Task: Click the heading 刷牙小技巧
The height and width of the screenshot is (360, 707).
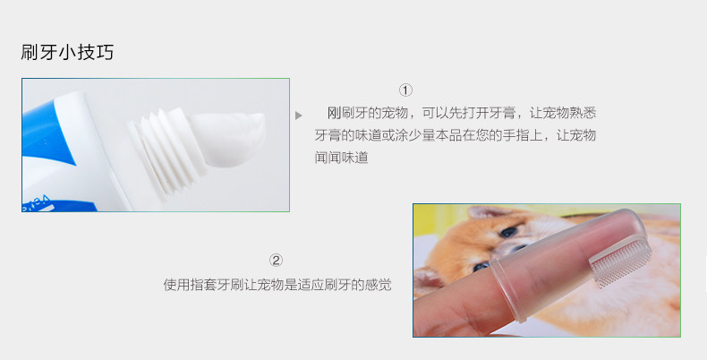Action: (x=67, y=52)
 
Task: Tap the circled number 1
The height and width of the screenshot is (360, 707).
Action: (x=405, y=90)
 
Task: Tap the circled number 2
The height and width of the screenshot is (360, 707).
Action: (x=277, y=261)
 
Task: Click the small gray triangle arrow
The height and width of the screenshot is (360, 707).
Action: (x=299, y=116)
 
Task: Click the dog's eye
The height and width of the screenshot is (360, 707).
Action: (x=507, y=231)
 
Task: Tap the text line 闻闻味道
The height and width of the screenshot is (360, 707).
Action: (x=341, y=157)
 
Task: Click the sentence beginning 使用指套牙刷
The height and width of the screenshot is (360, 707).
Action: (x=277, y=285)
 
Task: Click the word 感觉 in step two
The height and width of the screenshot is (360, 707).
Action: (x=379, y=285)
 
